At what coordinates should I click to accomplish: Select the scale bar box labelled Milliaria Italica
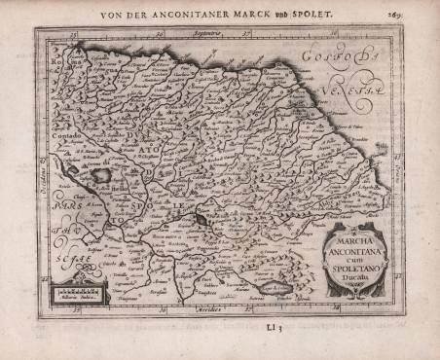coord(77,292)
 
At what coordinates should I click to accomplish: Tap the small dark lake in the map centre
coord(202,221)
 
